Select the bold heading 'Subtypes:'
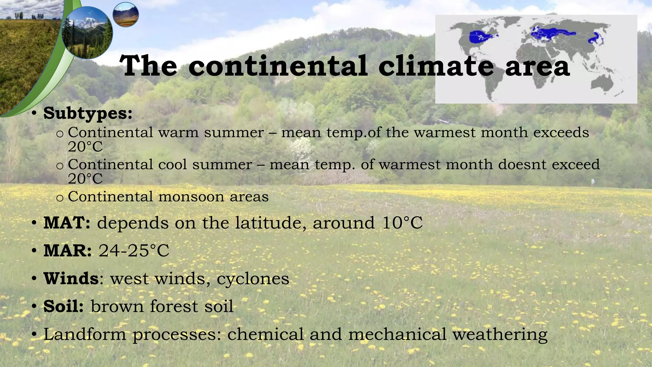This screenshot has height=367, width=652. (88, 113)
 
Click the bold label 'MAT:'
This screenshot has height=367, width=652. (67, 223)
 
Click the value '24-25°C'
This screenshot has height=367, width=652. (134, 251)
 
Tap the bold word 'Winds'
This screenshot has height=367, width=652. (71, 278)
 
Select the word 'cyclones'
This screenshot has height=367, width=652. (253, 279)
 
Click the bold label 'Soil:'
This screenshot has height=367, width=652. (64, 306)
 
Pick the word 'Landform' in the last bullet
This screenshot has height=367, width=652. (85, 334)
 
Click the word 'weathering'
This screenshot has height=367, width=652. (500, 335)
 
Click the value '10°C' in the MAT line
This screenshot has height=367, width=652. (402, 223)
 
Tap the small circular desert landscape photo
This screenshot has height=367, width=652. (126, 14)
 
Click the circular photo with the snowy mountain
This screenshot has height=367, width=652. (87, 32)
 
